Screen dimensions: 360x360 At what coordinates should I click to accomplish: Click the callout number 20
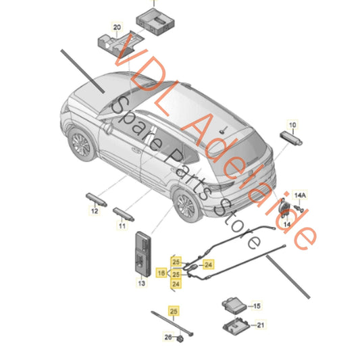click(x=117, y=28)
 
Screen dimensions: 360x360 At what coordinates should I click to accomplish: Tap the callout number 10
click(x=292, y=125)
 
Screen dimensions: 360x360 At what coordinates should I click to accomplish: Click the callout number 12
click(x=94, y=211)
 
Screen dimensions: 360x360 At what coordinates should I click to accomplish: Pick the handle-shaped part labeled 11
click(x=124, y=214)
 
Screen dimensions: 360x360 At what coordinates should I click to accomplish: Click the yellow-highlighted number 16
click(x=161, y=272)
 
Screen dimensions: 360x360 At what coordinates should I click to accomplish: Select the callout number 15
click(x=255, y=305)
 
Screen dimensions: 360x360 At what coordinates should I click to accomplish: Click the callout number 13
click(x=141, y=285)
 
